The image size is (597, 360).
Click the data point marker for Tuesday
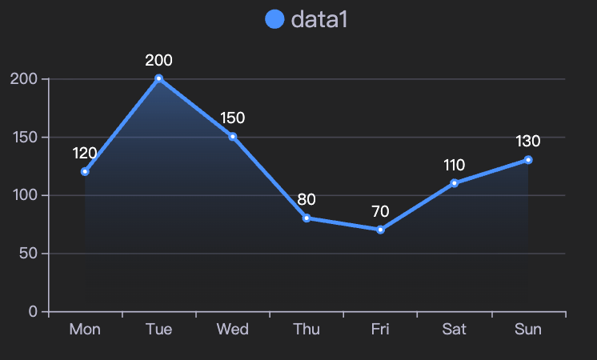pyautogui.click(x=158, y=78)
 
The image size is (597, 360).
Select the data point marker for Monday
pyautogui.click(x=85, y=171)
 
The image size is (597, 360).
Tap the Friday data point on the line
pyautogui.click(x=380, y=230)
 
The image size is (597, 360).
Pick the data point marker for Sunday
pyautogui.click(x=528, y=160)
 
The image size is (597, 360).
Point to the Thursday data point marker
pyautogui.click(x=307, y=218)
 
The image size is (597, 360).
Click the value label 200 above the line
pyautogui.click(x=158, y=60)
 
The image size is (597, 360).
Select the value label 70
pyautogui.click(x=380, y=212)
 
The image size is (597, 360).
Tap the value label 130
pyautogui.click(x=528, y=142)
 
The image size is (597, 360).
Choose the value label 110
pyautogui.click(x=454, y=166)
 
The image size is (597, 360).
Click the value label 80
pyautogui.click(x=307, y=199)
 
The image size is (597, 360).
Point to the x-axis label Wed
pyautogui.click(x=232, y=330)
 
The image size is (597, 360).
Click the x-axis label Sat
pyautogui.click(x=454, y=330)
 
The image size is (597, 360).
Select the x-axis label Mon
pyautogui.click(x=85, y=330)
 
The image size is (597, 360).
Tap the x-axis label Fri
pyautogui.click(x=380, y=330)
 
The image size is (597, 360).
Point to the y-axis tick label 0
pyautogui.click(x=33, y=312)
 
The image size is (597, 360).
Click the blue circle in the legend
pyautogui.click(x=274, y=19)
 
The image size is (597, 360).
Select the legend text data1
pyautogui.click(x=319, y=19)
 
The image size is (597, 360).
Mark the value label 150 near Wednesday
pyautogui.click(x=232, y=118)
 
